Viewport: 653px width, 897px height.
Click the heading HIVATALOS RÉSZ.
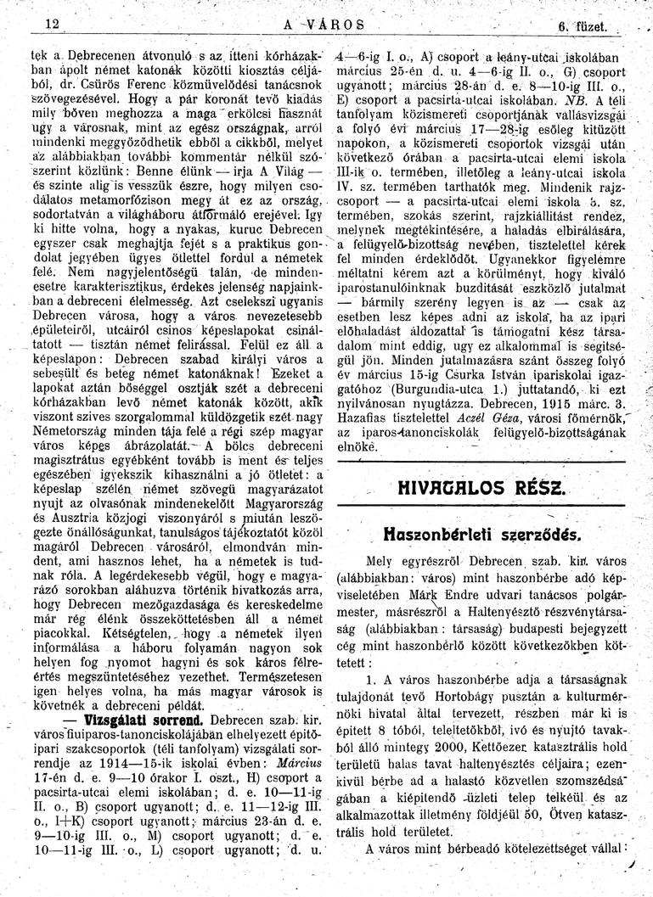(481, 489)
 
